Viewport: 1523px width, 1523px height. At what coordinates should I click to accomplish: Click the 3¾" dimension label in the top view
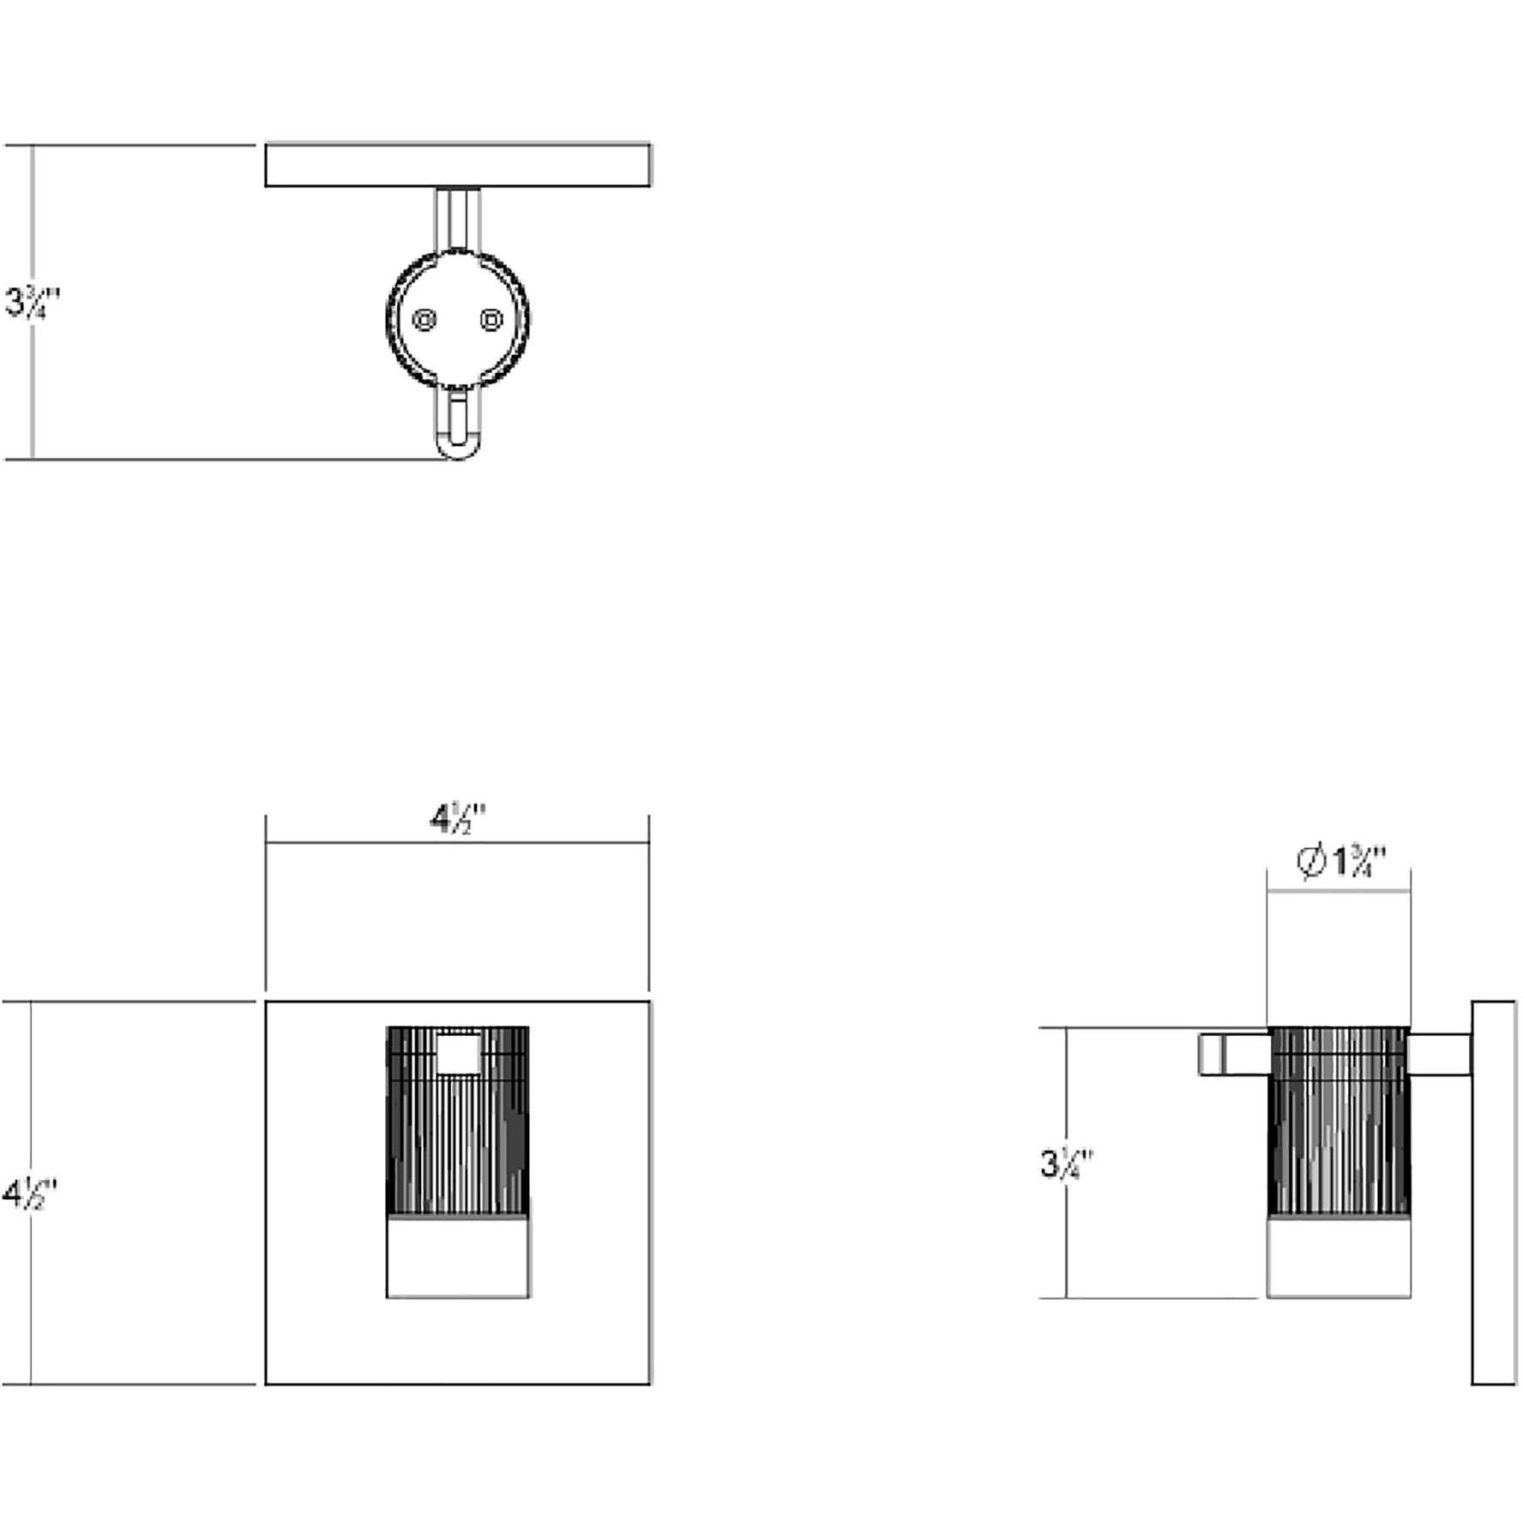[x=33, y=302]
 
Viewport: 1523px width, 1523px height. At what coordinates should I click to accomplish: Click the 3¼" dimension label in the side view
[x=1067, y=1164]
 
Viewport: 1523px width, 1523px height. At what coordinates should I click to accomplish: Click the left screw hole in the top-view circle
[x=424, y=321]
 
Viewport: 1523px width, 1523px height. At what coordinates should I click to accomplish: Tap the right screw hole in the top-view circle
[x=491, y=321]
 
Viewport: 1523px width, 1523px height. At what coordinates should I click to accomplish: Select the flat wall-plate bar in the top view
[x=457, y=166]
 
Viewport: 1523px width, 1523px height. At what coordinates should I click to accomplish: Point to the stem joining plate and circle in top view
[x=458, y=220]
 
